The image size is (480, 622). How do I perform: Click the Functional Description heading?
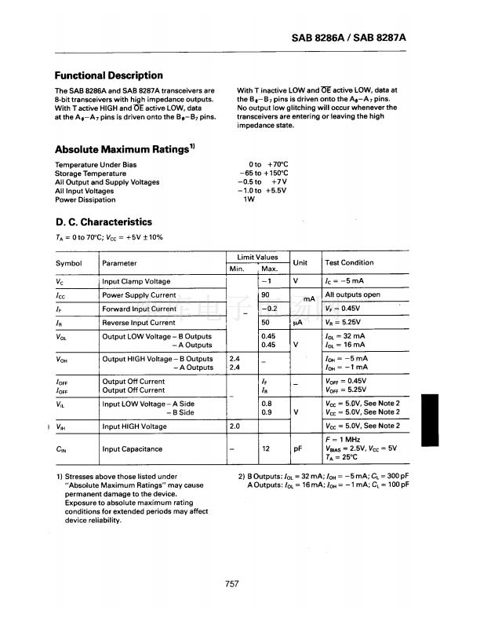(x=109, y=75)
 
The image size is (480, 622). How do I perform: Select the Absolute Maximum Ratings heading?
(x=124, y=148)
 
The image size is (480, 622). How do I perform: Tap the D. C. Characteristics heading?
(x=104, y=221)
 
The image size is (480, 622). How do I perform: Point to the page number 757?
(x=231, y=583)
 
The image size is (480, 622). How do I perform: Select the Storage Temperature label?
(x=91, y=174)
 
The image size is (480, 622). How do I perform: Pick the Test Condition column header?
(x=349, y=262)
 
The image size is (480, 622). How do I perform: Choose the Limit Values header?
(x=256, y=257)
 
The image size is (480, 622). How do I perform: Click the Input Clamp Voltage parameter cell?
(x=136, y=281)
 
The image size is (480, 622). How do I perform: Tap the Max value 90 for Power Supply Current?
(x=265, y=295)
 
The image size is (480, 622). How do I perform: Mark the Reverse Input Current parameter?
(x=139, y=323)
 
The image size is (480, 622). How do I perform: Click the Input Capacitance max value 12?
(x=265, y=449)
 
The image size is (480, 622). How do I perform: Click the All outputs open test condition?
(x=352, y=295)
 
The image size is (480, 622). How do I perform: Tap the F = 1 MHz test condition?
(x=342, y=441)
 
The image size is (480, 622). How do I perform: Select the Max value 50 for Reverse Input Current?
(x=265, y=323)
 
